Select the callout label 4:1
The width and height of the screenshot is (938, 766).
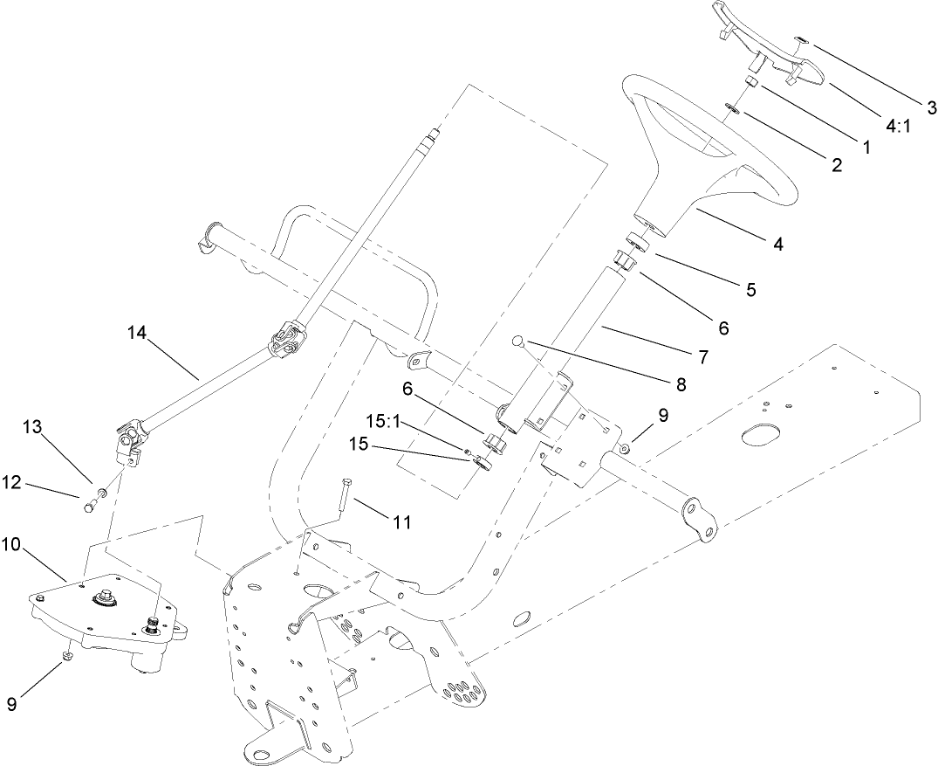[x=898, y=126]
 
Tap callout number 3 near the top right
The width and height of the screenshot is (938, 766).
[x=931, y=107]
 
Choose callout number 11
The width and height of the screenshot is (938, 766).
[x=402, y=522]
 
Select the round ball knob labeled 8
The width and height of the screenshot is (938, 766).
[x=519, y=342]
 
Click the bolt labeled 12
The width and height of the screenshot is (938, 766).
[x=87, y=504]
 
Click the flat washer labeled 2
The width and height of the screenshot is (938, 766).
[x=733, y=109]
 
